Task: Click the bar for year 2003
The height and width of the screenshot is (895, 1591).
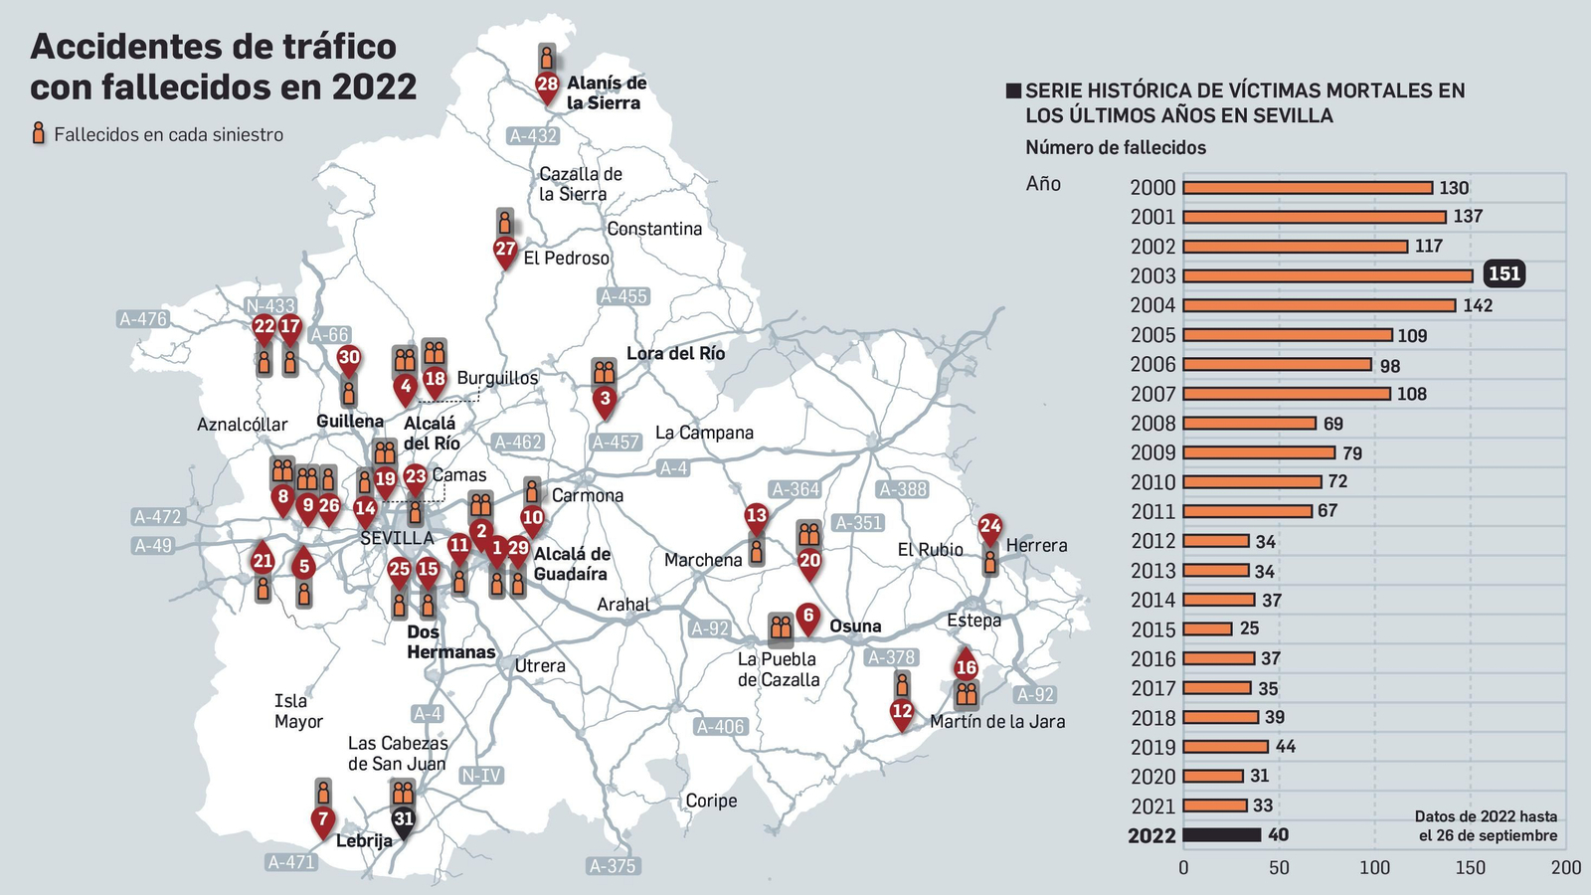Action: point(1327,275)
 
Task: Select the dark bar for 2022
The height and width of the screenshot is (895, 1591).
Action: point(1222,835)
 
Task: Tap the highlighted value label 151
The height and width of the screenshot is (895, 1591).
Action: point(1503,274)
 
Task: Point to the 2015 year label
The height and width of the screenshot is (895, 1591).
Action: point(1152,629)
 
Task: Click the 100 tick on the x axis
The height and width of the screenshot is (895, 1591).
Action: point(1374,867)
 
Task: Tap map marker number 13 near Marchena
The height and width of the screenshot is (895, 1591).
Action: point(757,516)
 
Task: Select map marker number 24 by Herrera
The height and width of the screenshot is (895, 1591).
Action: point(989,527)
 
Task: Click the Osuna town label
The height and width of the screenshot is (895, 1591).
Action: point(855,626)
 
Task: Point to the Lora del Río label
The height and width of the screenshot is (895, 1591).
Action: point(675,354)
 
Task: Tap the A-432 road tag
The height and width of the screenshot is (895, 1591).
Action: point(533,136)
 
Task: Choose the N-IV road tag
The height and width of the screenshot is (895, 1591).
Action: point(481,776)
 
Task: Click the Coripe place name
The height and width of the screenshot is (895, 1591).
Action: point(711,801)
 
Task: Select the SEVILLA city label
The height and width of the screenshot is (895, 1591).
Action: point(397,538)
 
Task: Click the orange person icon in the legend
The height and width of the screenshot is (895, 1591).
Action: point(39,134)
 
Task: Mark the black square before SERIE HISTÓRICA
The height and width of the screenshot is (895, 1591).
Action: point(1013,91)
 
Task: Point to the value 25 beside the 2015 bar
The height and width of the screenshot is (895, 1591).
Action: point(1249,628)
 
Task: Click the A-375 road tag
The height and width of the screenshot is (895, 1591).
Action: point(612,866)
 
